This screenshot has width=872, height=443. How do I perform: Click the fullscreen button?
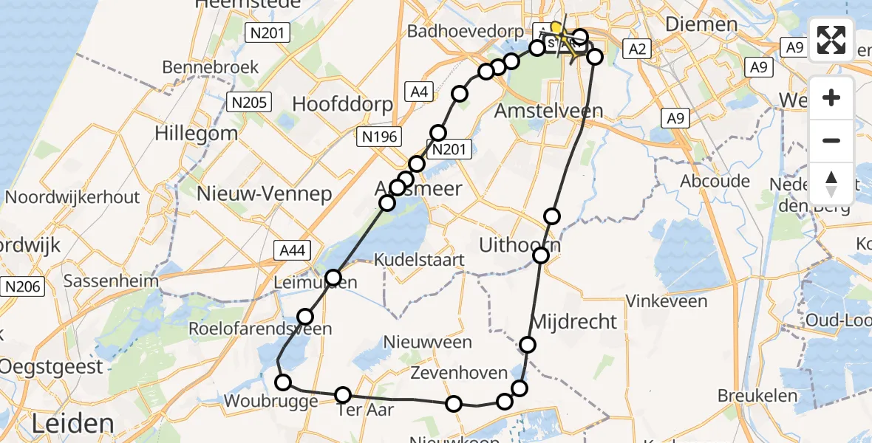tap(831, 39)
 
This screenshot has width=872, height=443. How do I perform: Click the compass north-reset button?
tap(831, 184)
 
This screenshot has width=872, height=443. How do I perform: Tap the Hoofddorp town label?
tap(343, 104)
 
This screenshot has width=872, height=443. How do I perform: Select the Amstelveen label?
tap(549, 111)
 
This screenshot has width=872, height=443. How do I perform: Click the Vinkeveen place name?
tap(667, 301)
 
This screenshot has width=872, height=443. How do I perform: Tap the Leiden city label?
tap(72, 424)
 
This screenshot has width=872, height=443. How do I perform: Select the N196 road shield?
tap(379, 137)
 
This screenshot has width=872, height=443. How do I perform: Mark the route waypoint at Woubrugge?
tap(283, 382)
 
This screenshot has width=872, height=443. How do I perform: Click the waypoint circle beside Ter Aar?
tap(343, 395)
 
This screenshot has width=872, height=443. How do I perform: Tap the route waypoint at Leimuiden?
tap(333, 278)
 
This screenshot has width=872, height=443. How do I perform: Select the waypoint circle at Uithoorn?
tap(541, 255)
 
